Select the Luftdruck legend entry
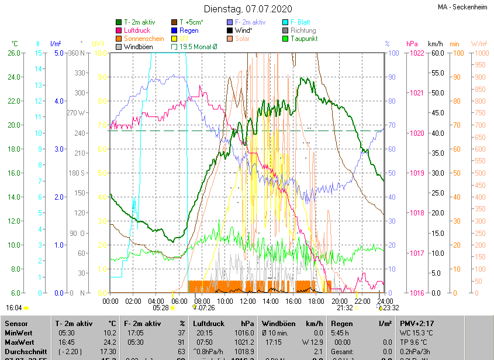coord(137,30)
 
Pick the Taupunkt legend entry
coord(303,39)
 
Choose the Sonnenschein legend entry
coord(143,39)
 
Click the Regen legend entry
coord(189,30)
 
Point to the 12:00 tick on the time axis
coord(248,301)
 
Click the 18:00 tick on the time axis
coord(316,301)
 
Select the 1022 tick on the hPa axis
coord(417,53)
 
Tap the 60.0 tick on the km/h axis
coord(436,53)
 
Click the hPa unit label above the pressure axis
coord(412,44)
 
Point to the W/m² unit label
coord(479,44)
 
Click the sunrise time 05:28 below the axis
coord(161,307)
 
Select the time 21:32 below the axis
coord(344,307)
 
